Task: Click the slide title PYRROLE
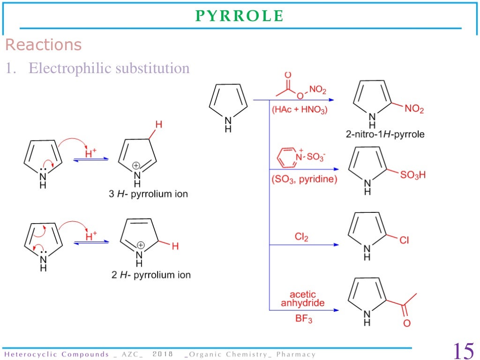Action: pyautogui.click(x=239, y=16)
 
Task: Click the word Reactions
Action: pyautogui.click(x=43, y=45)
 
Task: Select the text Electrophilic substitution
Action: pyautogui.click(x=109, y=68)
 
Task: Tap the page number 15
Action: pyautogui.click(x=463, y=350)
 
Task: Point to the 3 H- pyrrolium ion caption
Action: pyautogui.click(x=148, y=194)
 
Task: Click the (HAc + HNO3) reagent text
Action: pyautogui.click(x=300, y=111)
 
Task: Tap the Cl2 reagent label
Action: pyautogui.click(x=301, y=237)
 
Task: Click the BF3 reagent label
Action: pyautogui.click(x=303, y=320)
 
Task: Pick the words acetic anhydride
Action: pyautogui.click(x=302, y=299)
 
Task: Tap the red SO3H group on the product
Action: pyautogui.click(x=412, y=175)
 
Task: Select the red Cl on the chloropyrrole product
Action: pyautogui.click(x=404, y=240)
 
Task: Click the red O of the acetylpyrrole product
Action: pyautogui.click(x=406, y=323)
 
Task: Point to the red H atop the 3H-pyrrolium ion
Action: pyautogui.click(x=158, y=125)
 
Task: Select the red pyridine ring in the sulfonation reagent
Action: pyautogui.click(x=286, y=157)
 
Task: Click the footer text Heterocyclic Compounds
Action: pyautogui.click(x=56, y=354)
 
